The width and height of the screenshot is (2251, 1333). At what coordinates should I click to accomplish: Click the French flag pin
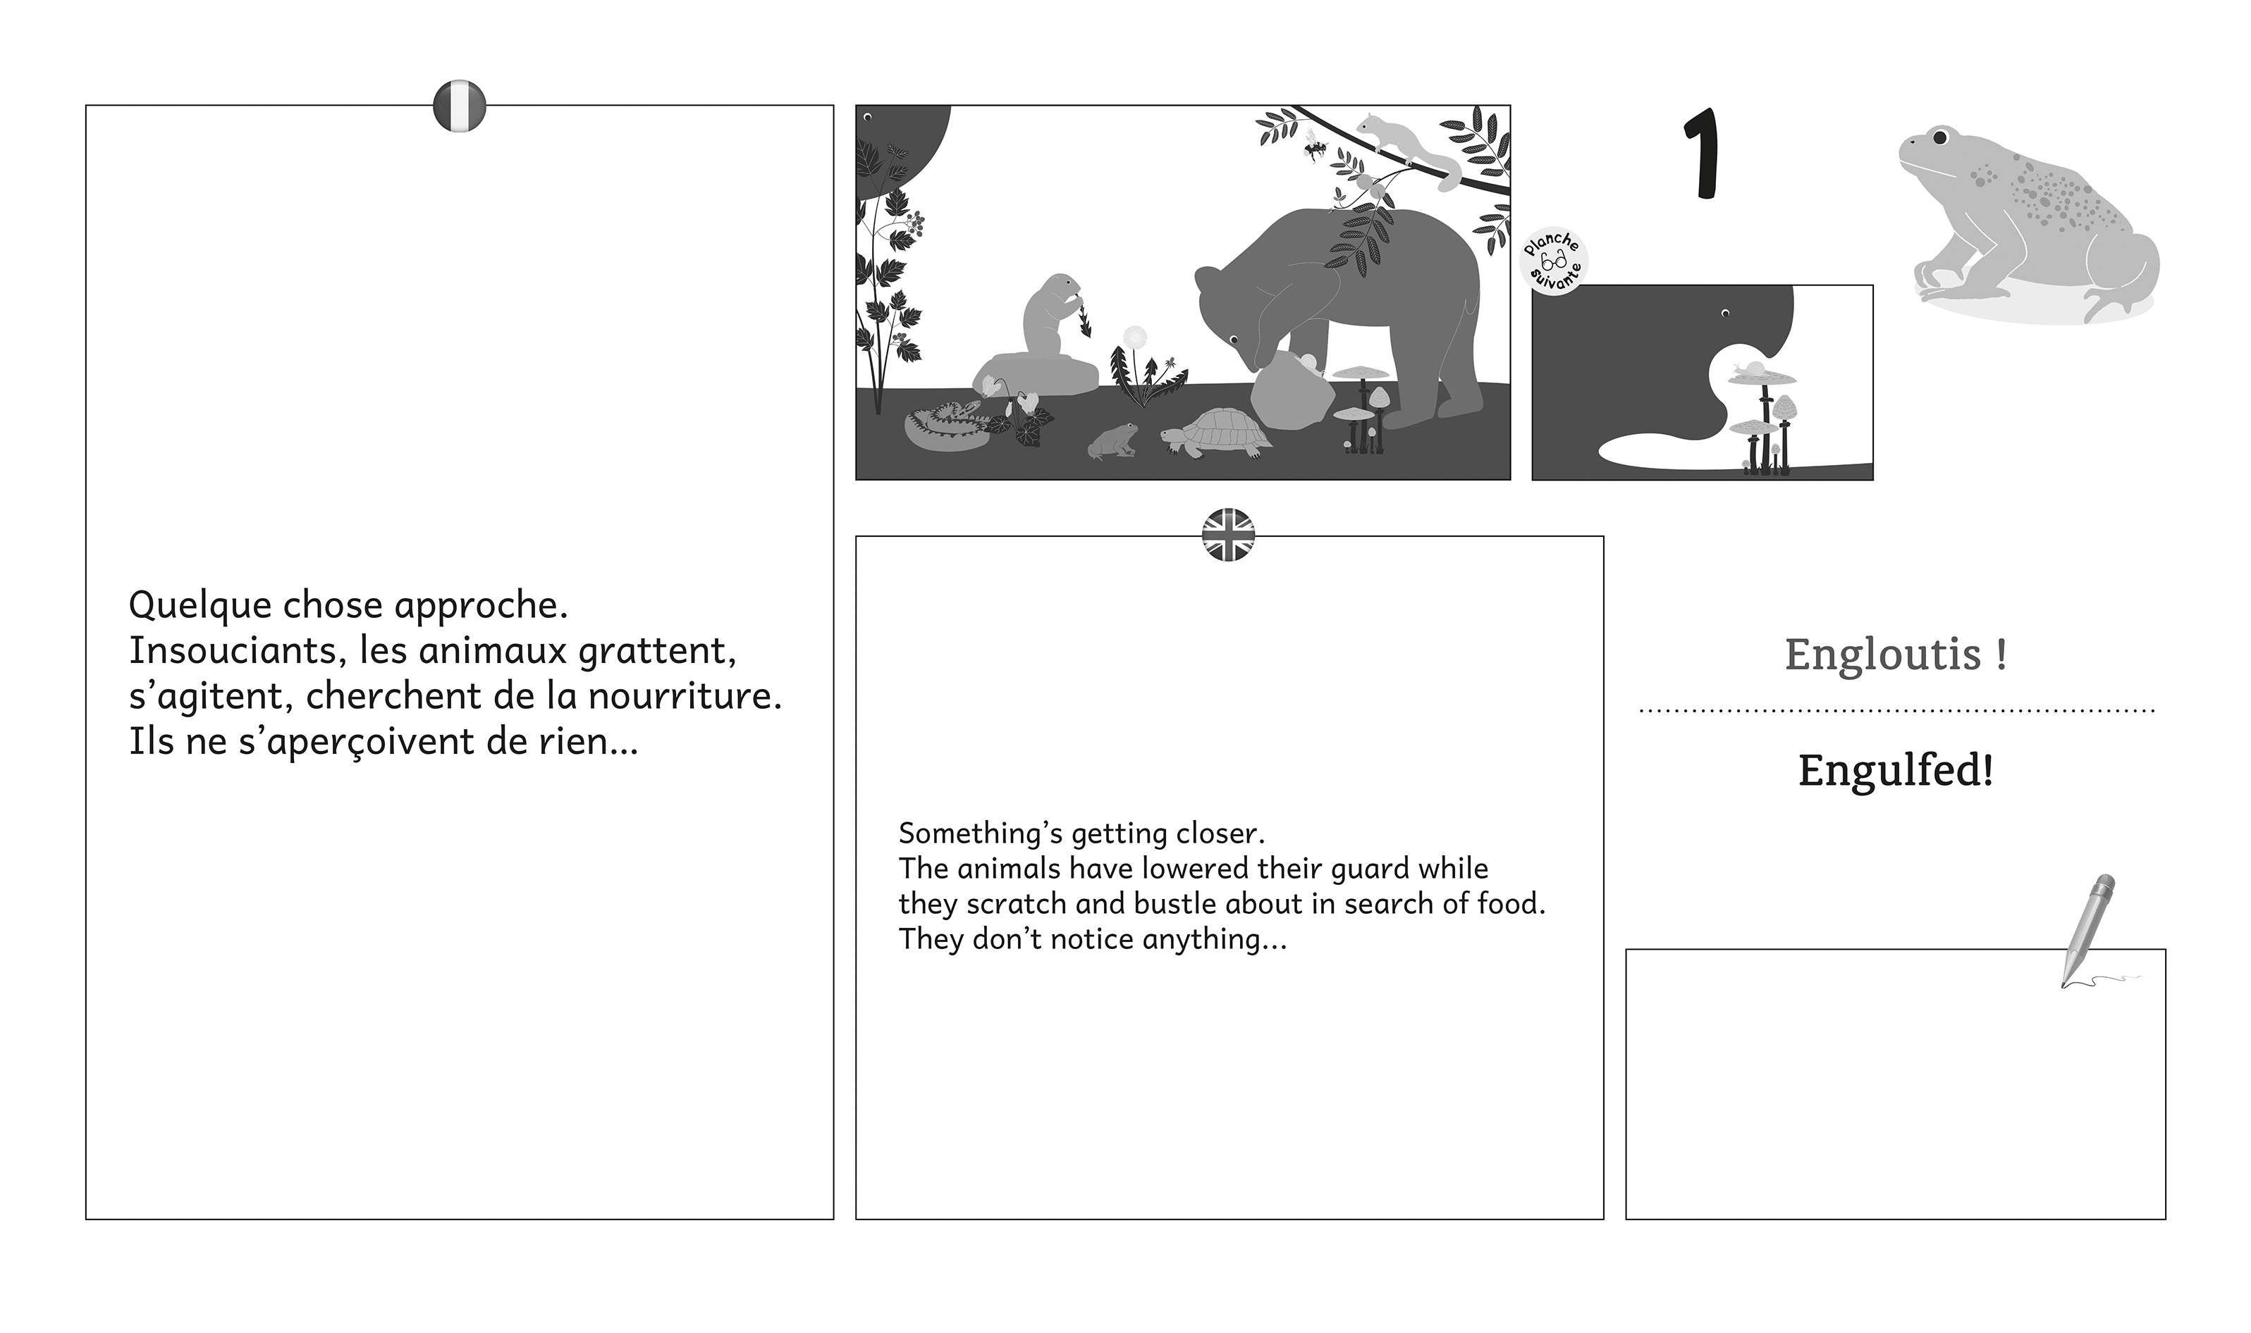[x=459, y=106]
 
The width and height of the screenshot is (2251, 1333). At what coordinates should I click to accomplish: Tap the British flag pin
[x=1228, y=535]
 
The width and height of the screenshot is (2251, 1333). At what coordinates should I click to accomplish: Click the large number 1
[x=1701, y=153]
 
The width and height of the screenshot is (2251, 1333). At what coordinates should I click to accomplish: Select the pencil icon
[x=2088, y=931]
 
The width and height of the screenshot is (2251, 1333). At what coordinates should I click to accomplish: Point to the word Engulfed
[x=1895, y=770]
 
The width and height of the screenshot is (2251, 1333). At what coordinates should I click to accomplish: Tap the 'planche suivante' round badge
[x=1553, y=261]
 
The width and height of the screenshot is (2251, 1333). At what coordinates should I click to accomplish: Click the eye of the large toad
[x=1939, y=137]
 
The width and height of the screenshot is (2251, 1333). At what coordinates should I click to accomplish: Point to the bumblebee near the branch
[x=1315, y=147]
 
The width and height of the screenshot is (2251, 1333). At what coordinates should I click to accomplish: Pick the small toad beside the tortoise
[x=1112, y=441]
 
